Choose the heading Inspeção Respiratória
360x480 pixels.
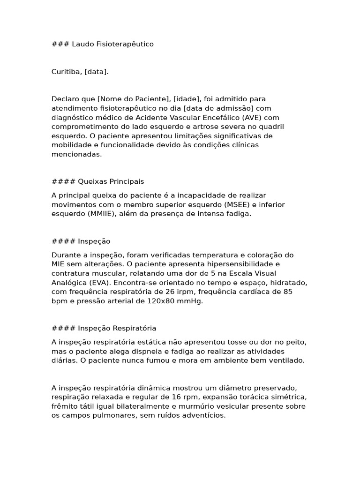point(117,328)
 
